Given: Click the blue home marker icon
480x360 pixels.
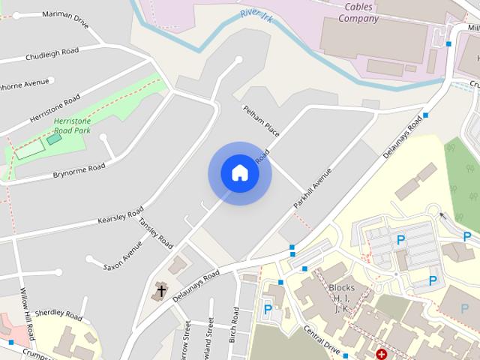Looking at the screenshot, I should (x=240, y=173).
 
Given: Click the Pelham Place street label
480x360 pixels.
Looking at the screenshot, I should (x=260, y=121).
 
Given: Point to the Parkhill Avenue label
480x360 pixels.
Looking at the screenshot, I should (x=312, y=187).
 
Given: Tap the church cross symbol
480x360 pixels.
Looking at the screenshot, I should (x=160, y=290).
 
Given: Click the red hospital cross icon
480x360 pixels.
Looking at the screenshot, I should (x=382, y=353).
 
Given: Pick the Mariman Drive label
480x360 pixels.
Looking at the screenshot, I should (x=65, y=19).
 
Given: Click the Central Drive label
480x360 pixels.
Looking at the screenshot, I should (x=322, y=339).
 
